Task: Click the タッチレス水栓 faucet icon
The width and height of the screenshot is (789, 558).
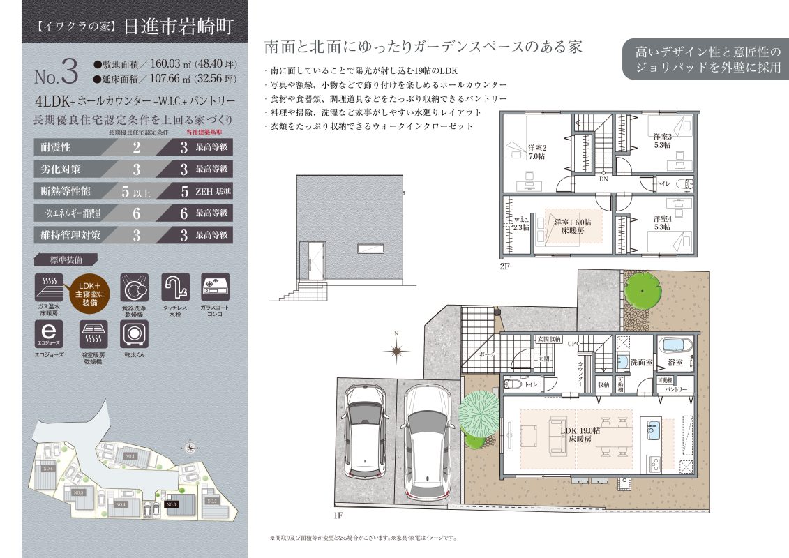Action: pos(175,287)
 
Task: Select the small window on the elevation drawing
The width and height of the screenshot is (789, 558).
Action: pos(368,249)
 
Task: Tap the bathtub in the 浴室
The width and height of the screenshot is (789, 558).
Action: pos(675,346)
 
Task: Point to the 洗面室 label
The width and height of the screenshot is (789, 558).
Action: pos(641,363)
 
